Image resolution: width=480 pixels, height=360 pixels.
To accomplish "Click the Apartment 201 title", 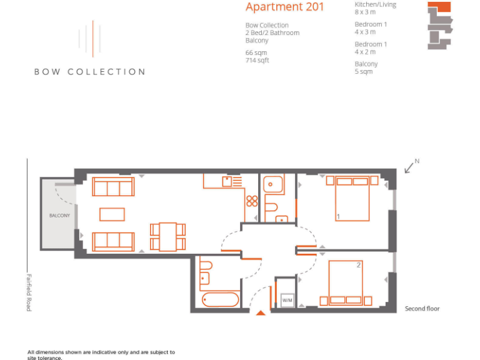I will pyautogui.click(x=284, y=7).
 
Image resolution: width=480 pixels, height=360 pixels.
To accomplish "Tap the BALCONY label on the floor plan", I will pyautogui.click(x=59, y=216).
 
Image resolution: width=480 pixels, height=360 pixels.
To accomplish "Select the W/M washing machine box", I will pyautogui.click(x=287, y=301).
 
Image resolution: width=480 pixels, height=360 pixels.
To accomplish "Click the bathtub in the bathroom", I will pyautogui.click(x=219, y=299).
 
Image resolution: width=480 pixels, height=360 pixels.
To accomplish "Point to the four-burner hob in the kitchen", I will pyautogui.click(x=252, y=201).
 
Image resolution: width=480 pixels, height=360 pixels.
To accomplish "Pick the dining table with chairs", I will pyautogui.click(x=167, y=237).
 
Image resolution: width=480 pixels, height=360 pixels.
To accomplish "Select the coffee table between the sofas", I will pyautogui.click(x=112, y=214).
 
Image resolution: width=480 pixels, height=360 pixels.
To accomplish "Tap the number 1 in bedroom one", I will pyautogui.click(x=338, y=216).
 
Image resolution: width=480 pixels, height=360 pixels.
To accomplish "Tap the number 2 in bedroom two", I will pyautogui.click(x=359, y=265).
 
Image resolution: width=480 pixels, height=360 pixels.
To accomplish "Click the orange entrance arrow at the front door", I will pyautogui.click(x=261, y=312).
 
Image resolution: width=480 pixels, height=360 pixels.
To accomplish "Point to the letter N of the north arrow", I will pyautogui.click(x=417, y=161).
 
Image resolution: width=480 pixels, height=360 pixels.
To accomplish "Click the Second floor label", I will pyautogui.click(x=422, y=309).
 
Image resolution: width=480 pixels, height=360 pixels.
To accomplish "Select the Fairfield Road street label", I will pyautogui.click(x=29, y=292).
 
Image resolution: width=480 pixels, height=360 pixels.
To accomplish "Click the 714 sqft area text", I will pyautogui.click(x=257, y=61).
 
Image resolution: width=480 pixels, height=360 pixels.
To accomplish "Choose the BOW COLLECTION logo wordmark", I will pyautogui.click(x=89, y=72).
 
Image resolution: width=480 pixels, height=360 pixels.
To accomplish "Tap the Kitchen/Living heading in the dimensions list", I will pyautogui.click(x=375, y=5).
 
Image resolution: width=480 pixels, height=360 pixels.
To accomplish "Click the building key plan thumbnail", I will pyautogui.click(x=439, y=25).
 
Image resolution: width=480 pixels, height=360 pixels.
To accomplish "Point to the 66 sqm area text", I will pyautogui.click(x=256, y=53).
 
